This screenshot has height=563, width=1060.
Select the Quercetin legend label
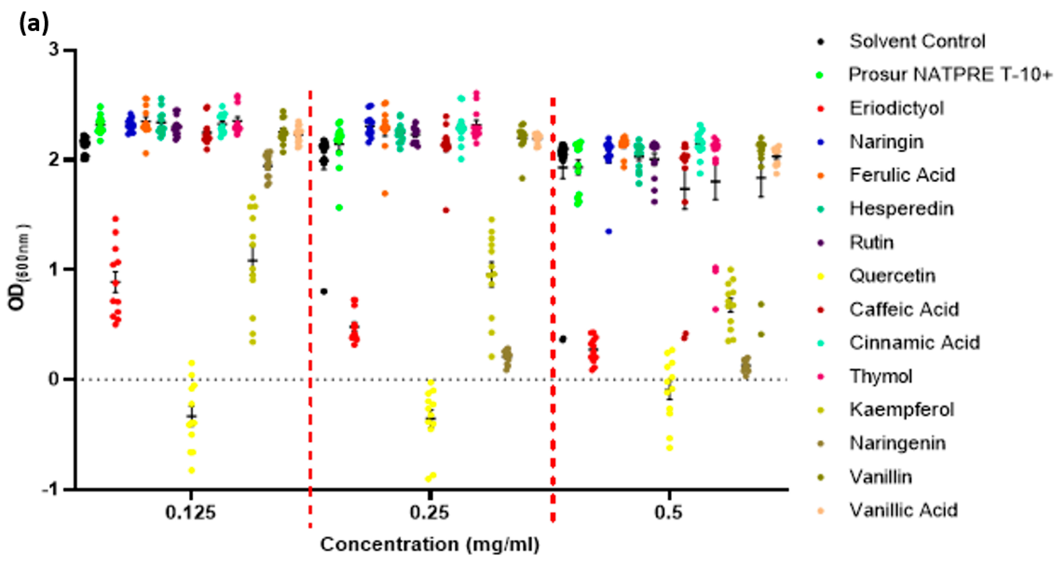coord(892,276)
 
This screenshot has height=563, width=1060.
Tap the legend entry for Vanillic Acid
coord(904,510)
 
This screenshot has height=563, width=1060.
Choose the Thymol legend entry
coord(881,376)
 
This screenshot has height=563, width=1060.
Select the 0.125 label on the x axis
coord(190,513)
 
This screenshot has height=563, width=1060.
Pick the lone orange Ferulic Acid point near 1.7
coord(385,194)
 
